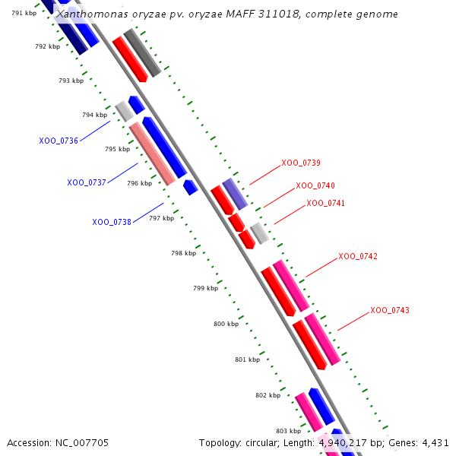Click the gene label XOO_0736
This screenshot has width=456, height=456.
59,141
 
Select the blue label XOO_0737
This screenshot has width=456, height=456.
87,182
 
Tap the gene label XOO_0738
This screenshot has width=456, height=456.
112,222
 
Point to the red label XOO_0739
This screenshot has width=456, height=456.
301,163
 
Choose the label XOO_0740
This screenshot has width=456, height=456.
315,185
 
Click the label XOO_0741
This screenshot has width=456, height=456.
326,203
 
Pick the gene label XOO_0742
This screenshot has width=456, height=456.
358,256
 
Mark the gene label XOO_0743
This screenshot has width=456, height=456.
390,310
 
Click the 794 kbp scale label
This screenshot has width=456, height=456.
94,115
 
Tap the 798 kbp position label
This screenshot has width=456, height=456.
183,253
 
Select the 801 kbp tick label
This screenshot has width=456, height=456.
247,359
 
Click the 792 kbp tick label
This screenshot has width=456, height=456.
47,46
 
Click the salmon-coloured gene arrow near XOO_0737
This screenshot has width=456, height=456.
151,154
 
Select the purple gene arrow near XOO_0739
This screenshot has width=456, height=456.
235,194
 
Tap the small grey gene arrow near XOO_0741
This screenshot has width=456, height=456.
259,233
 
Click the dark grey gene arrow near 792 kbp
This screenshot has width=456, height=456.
142,52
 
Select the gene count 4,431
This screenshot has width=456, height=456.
434,442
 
